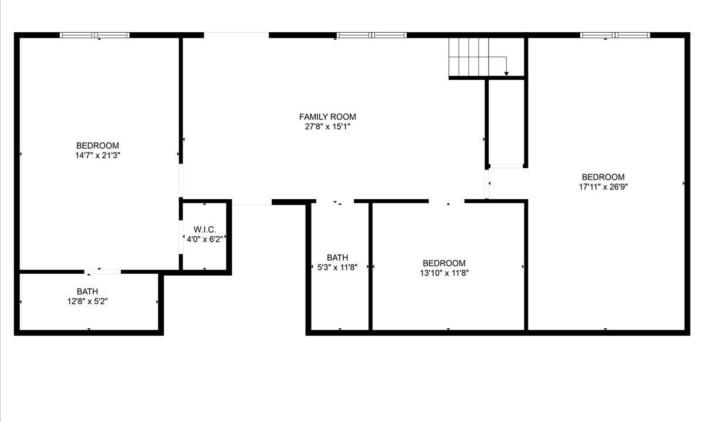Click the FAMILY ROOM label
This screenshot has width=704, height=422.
(327, 117)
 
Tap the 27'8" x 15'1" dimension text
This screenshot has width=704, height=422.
(327, 127)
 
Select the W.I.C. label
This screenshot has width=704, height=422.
(205, 230)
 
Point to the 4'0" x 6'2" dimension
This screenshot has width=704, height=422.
(205, 240)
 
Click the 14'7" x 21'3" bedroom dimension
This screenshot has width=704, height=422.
(98, 155)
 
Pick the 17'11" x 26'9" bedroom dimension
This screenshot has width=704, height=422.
(604, 187)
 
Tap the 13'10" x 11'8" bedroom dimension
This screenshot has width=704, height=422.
(445, 273)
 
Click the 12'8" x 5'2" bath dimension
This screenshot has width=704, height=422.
(87, 301)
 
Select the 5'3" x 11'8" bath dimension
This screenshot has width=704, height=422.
(337, 267)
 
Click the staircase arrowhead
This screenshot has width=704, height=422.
(506, 74)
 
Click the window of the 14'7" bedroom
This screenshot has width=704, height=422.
(94, 35)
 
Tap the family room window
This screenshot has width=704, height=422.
(371, 35)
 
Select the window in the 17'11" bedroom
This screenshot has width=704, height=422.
(615, 35)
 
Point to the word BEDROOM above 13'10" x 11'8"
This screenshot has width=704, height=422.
(444, 263)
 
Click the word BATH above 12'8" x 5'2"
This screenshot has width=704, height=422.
(87, 291)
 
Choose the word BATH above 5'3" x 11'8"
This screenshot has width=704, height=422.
(337, 258)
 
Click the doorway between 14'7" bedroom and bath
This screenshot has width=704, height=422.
(103, 271)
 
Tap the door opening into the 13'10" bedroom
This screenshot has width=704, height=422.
(446, 201)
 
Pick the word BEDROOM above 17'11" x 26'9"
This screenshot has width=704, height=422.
(603, 177)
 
